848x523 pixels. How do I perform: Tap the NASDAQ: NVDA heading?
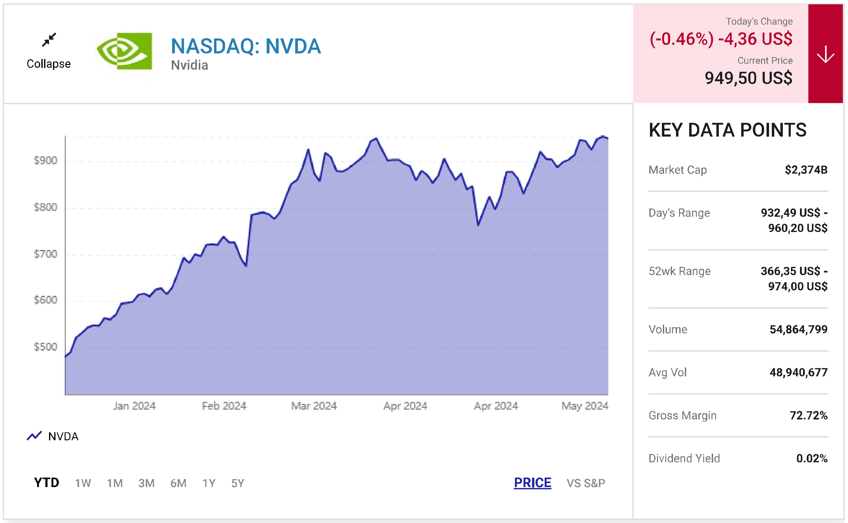click(x=246, y=46)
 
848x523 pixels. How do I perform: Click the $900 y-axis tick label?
click(x=45, y=160)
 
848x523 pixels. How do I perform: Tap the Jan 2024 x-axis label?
click(x=134, y=406)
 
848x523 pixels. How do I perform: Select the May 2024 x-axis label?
click(x=585, y=406)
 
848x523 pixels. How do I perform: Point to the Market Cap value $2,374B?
click(x=806, y=170)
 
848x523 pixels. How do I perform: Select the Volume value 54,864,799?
click(x=798, y=329)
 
